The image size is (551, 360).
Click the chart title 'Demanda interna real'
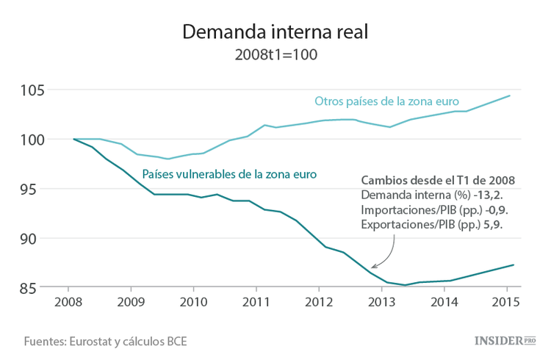(x=275, y=32)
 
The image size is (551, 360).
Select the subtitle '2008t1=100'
(x=275, y=55)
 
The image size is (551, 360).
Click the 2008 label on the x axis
(x=68, y=302)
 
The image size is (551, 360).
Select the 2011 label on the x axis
(x=256, y=302)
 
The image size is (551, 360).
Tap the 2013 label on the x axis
(x=381, y=302)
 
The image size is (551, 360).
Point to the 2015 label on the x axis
(x=506, y=302)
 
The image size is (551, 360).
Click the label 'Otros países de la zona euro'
(x=386, y=101)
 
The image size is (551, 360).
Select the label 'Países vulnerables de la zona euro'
(x=229, y=175)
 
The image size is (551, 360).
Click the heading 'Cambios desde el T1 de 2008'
(x=438, y=180)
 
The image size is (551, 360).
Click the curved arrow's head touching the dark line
(x=374, y=266)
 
